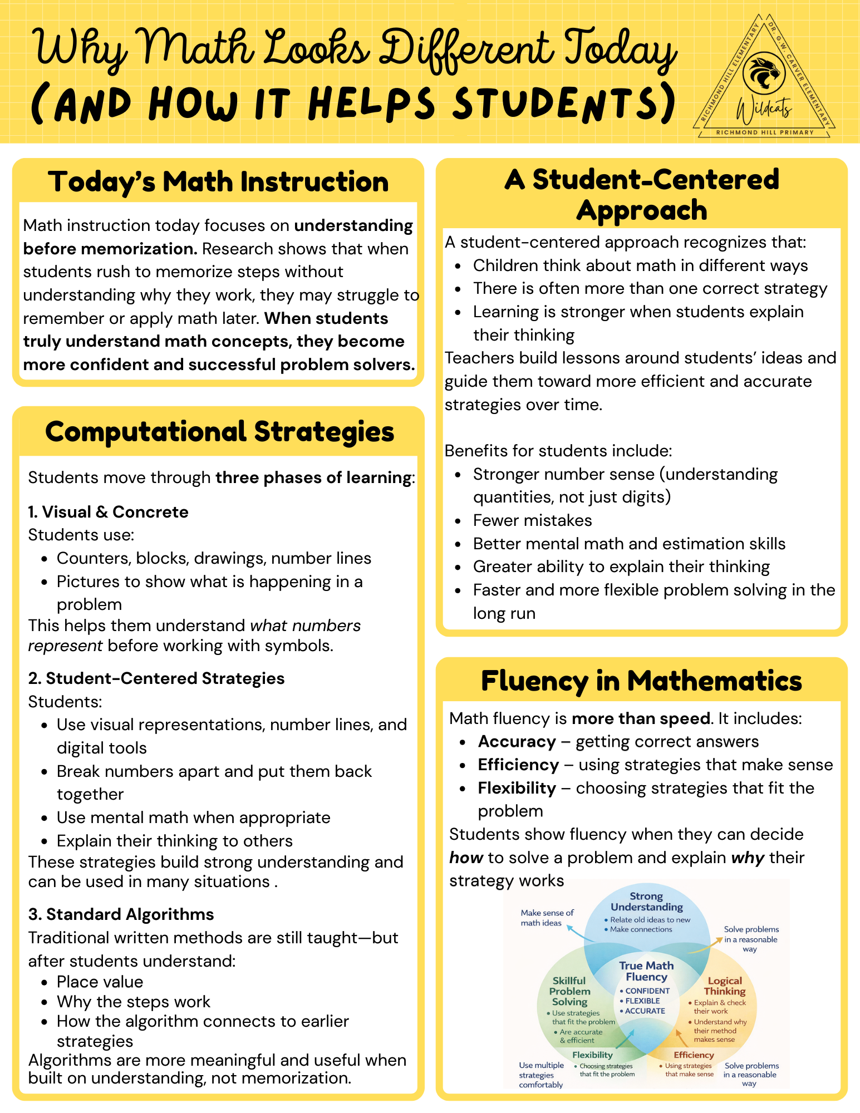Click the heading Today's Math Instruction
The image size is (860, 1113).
click(218, 182)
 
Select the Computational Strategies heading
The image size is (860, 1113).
click(219, 432)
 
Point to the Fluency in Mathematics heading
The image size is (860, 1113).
click(641, 681)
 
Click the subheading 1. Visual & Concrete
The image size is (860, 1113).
click(109, 512)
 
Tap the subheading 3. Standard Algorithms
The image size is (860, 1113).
click(121, 914)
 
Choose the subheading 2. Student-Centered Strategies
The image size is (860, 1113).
click(156, 678)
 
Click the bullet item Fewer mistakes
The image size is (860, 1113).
click(532, 520)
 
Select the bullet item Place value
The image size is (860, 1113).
click(100, 982)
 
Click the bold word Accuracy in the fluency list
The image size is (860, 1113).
click(517, 742)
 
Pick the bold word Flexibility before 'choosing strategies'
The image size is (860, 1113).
click(517, 788)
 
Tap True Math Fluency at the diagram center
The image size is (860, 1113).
click(646, 971)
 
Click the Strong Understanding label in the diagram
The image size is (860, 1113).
click(646, 902)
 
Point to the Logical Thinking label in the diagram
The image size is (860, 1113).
click(724, 986)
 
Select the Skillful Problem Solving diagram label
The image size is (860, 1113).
click(569, 991)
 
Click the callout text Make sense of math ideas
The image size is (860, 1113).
click(547, 918)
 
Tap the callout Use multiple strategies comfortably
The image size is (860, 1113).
click(541, 1075)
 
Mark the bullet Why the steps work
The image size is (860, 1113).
click(134, 1002)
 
